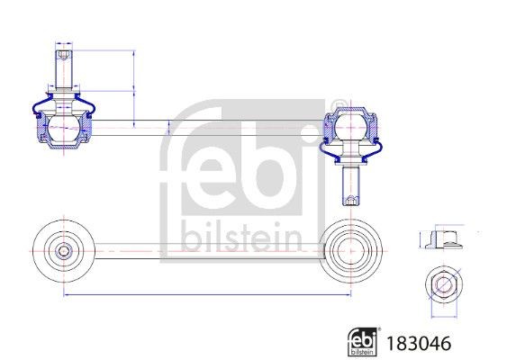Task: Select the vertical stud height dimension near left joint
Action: (133, 85)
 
